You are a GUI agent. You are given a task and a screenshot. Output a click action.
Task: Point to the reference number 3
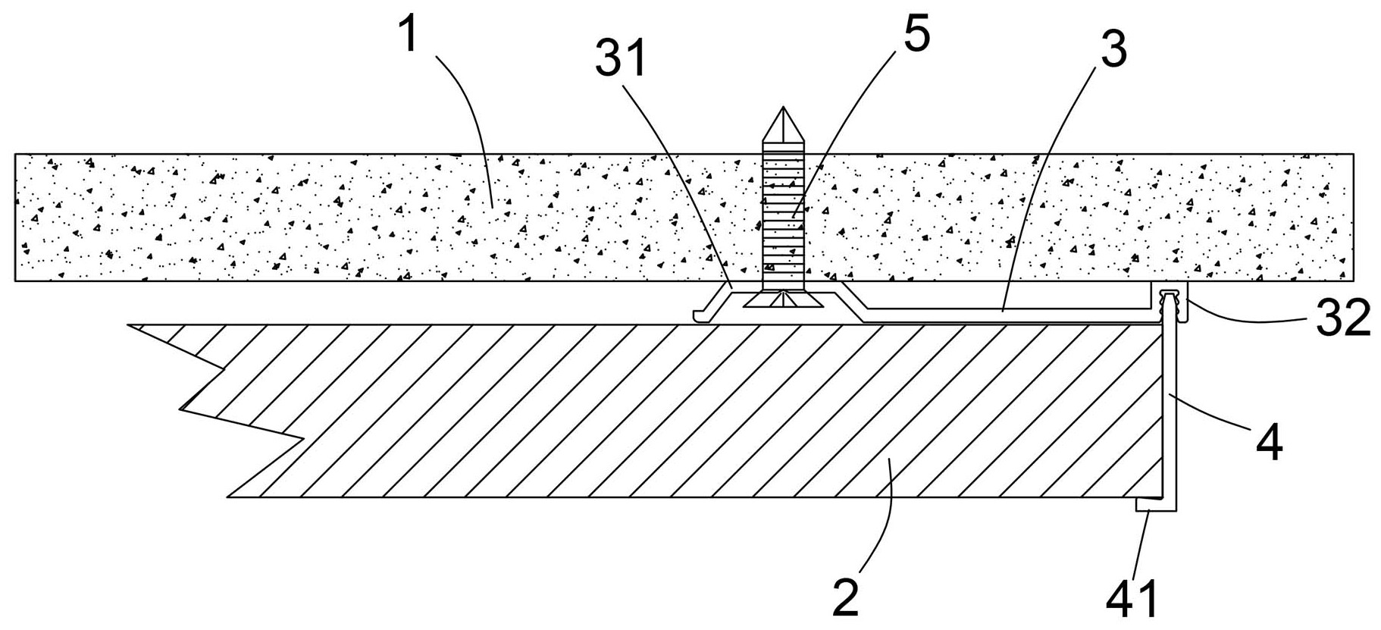[1113, 49]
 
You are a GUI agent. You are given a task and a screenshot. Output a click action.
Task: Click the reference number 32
[1342, 318]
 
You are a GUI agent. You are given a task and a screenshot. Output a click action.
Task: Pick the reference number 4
[1270, 443]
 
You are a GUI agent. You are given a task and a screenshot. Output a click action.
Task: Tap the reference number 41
[1132, 600]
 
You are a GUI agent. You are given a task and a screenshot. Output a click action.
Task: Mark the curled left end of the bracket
[699, 314]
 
